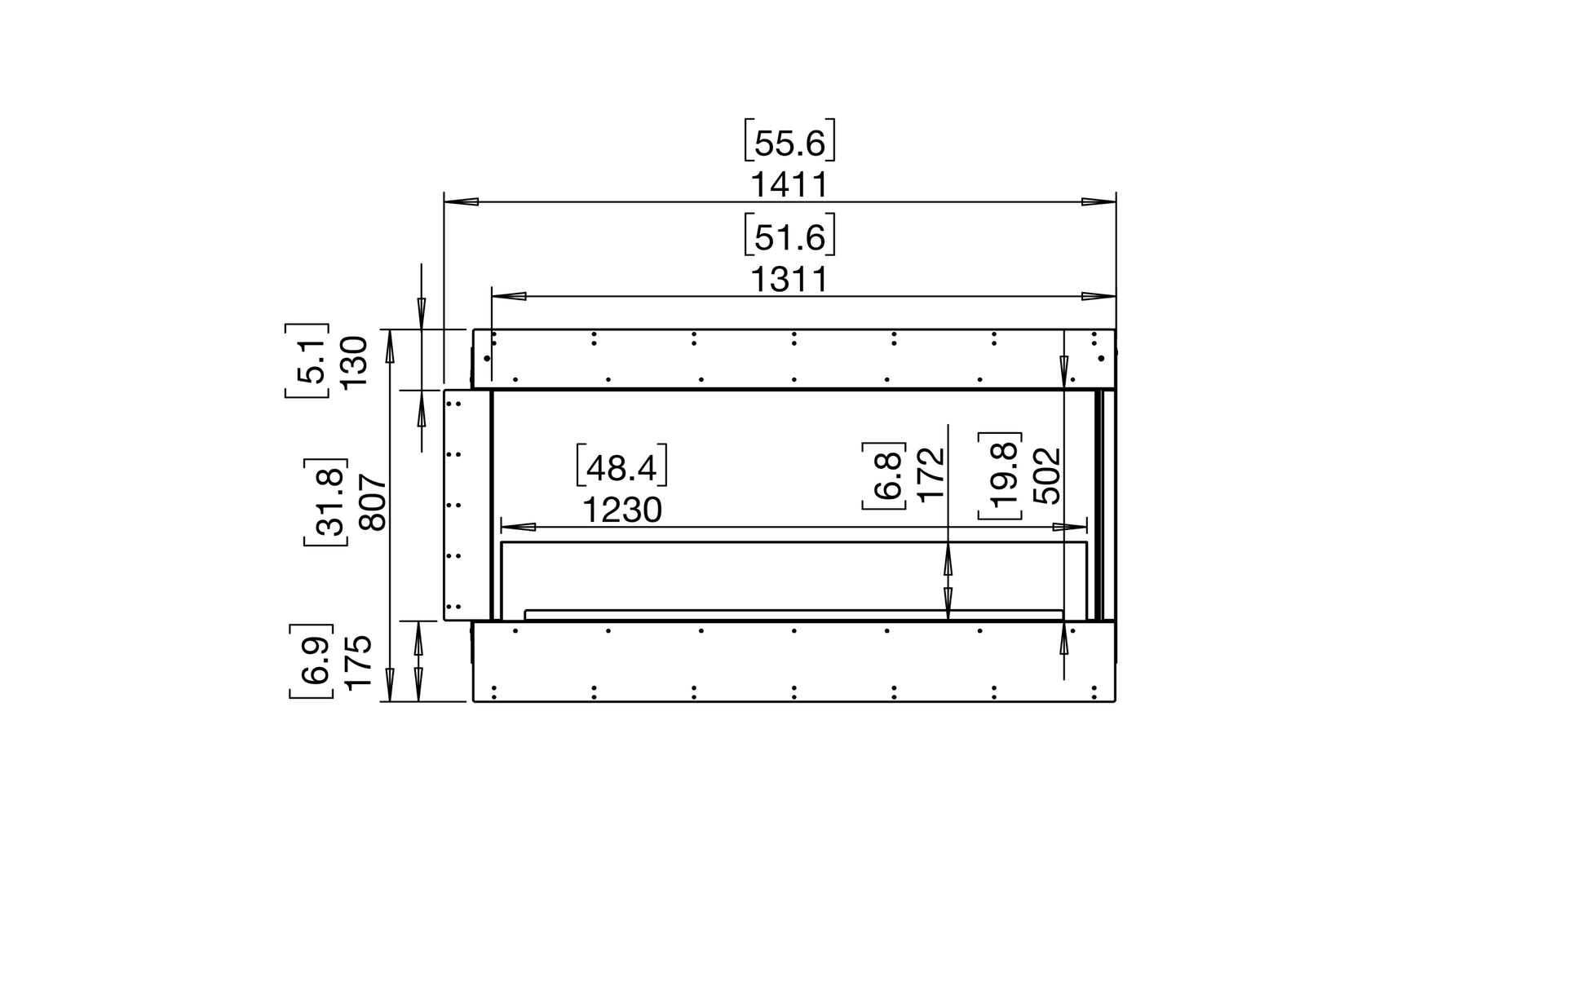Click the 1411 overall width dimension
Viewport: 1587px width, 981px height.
point(789,185)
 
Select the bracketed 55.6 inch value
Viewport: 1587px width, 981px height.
point(789,142)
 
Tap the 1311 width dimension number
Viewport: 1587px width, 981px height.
point(789,280)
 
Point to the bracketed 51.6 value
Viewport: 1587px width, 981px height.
point(789,236)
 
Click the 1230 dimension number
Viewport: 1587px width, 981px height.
point(621,510)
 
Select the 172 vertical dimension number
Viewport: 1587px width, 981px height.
point(931,475)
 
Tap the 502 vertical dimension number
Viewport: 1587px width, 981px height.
point(1047,475)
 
